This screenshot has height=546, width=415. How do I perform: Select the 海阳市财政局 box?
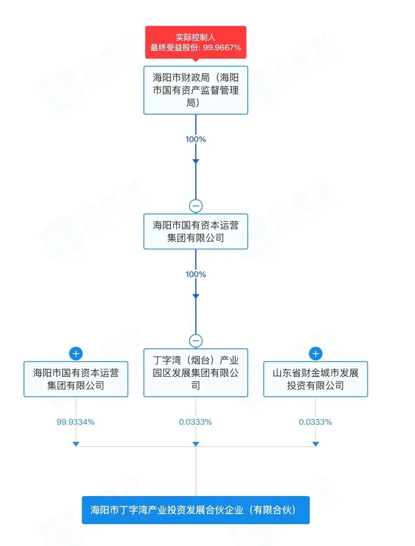point(196,90)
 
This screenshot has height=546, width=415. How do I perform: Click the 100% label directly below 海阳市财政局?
point(196,139)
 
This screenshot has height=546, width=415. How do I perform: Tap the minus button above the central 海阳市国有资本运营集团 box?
point(196,206)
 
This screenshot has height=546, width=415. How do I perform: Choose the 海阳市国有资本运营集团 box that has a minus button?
point(196,231)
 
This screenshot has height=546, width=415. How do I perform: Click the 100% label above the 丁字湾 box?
point(196,274)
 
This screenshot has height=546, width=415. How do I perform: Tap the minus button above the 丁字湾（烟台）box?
point(196,341)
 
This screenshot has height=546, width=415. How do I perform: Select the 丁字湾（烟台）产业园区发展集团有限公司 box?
point(196,373)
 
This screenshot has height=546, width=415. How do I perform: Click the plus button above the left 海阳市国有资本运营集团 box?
point(76,353)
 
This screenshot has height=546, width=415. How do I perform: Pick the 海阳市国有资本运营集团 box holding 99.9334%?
point(76,379)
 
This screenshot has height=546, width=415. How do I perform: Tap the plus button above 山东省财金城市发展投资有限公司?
point(315,353)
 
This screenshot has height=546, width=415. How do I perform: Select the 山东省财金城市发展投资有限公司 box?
point(315,379)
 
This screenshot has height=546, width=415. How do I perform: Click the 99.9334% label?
point(76,422)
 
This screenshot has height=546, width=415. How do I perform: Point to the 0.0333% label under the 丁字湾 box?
point(196,422)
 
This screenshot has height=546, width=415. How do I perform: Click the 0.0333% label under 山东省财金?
point(315,422)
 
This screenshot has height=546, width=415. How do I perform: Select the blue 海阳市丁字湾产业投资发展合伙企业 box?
point(196,510)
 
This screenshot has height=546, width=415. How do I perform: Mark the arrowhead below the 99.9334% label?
point(76,444)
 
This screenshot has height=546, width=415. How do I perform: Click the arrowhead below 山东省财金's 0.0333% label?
point(315,444)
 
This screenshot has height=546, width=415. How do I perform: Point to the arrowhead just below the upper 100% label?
point(196,161)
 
